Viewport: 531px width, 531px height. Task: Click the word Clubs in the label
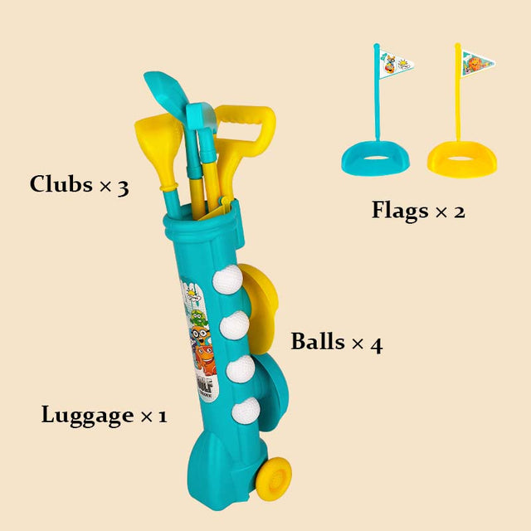(x=61, y=184)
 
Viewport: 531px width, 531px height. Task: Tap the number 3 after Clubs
(x=123, y=186)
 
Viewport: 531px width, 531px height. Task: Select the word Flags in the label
(x=400, y=211)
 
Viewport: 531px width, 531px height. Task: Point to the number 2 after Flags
(x=458, y=212)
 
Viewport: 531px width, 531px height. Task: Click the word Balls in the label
(x=318, y=342)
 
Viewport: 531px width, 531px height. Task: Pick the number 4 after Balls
(x=376, y=343)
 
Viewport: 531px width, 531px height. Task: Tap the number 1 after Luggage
(x=162, y=416)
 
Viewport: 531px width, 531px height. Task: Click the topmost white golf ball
(x=227, y=280)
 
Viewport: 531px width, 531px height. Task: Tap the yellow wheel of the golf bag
(x=273, y=480)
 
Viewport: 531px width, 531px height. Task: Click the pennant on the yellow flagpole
(x=478, y=63)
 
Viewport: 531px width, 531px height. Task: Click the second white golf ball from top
(x=235, y=324)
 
